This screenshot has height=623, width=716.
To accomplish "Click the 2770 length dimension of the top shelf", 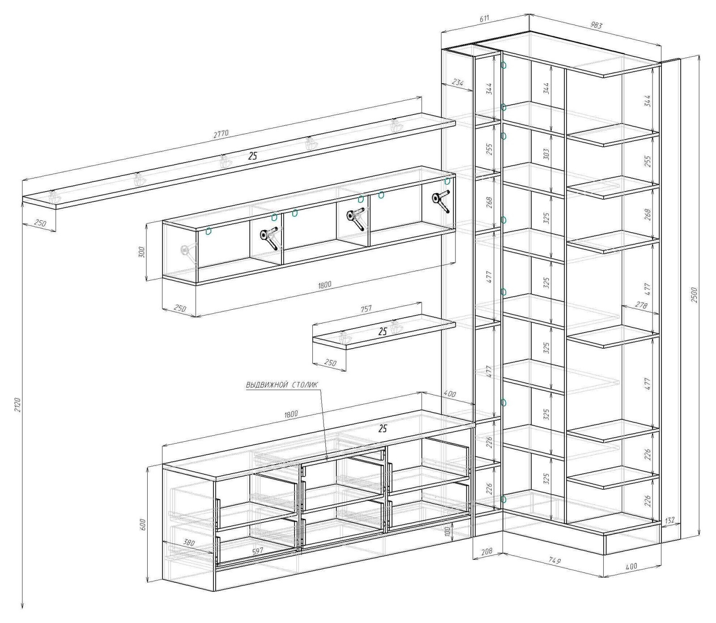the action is (x=221, y=133).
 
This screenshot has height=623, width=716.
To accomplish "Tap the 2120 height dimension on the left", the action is (x=18, y=405).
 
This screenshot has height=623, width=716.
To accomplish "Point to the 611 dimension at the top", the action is (x=484, y=18).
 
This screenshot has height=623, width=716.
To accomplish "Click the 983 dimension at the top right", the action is (x=596, y=25).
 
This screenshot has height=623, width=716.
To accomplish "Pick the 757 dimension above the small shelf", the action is (x=366, y=309).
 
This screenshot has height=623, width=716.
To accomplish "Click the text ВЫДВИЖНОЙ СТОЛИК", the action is (x=282, y=385).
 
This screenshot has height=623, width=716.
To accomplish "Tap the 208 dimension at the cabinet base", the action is (x=486, y=551).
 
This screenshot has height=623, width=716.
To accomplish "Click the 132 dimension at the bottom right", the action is (x=670, y=520).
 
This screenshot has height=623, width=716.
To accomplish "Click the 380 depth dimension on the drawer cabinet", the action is (x=190, y=543).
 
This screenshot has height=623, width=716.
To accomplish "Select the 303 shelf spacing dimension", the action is (x=546, y=154).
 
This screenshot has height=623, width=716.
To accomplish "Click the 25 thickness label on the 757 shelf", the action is (x=383, y=332).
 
